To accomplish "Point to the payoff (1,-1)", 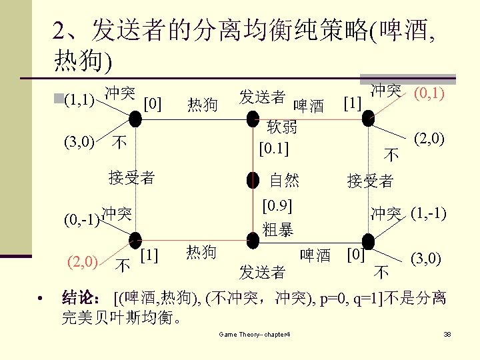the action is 429,214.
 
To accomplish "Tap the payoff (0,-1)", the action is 82,220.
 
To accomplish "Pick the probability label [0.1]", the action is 274,147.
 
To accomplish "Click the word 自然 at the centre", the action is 284,180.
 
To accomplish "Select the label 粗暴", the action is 278,231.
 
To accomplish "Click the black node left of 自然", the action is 253,179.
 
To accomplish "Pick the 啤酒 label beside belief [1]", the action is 309,106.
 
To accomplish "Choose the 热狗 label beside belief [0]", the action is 202,104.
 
